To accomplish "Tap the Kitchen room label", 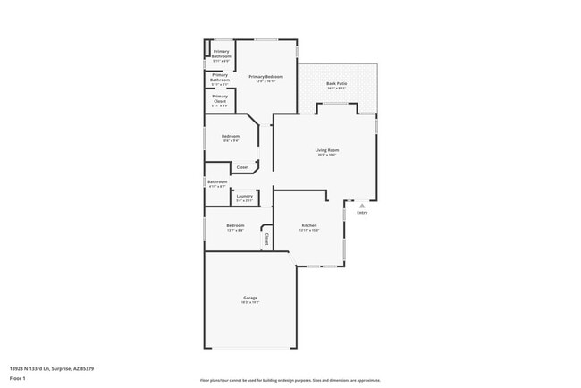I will (x=309, y=225).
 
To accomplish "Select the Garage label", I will (x=250, y=297).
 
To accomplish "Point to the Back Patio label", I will (x=336, y=83).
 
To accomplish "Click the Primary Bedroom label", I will (x=265, y=77).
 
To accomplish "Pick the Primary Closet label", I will (x=220, y=98).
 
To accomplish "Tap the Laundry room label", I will (x=244, y=196).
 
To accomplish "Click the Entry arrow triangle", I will (x=362, y=206).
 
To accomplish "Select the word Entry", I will (x=362, y=213).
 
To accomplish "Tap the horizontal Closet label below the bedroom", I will (x=242, y=167).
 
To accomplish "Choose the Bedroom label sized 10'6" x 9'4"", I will (x=231, y=136).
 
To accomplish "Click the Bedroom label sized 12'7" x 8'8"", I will (x=235, y=225).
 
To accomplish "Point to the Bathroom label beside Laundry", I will (x=217, y=182).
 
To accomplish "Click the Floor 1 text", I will (x=18, y=378).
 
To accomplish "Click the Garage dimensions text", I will (x=250, y=302).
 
